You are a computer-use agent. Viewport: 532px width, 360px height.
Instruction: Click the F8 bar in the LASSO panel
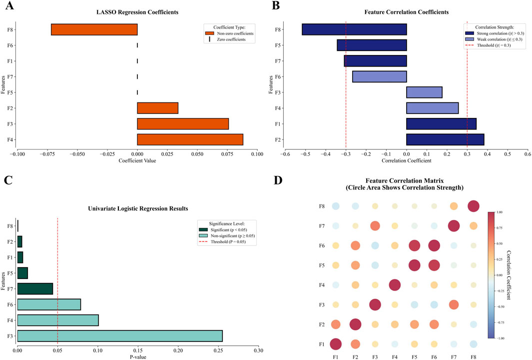(94, 29)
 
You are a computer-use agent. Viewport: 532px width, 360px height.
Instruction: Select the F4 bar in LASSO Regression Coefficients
(190, 139)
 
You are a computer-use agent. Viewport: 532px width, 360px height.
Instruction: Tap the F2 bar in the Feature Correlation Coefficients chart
(445, 139)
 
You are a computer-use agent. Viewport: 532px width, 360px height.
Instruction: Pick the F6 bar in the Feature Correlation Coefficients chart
(379, 76)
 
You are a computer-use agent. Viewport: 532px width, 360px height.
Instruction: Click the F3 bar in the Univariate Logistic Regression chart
(120, 335)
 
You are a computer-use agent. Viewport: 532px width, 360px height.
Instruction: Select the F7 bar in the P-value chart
(35, 288)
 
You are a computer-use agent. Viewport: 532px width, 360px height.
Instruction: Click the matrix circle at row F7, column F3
(375, 226)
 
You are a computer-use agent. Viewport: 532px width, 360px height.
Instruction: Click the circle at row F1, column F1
(336, 344)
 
